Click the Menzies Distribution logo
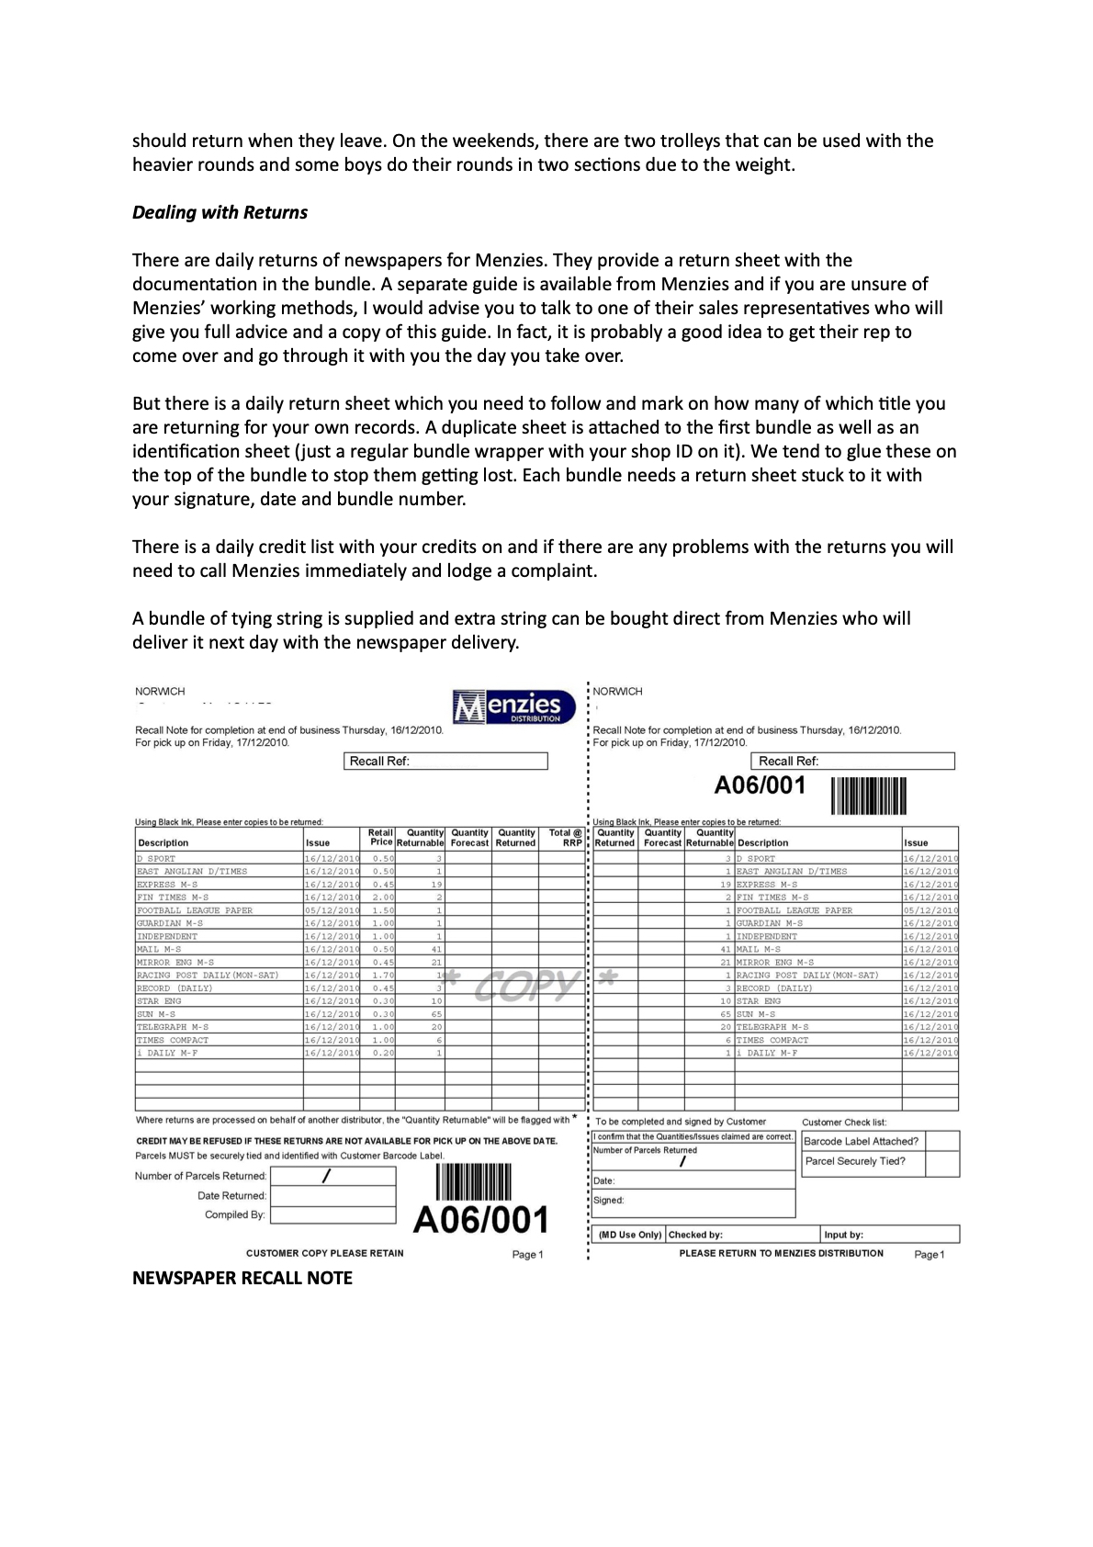point(514,706)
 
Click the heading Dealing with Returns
point(220,212)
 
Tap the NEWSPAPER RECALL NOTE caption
point(242,1278)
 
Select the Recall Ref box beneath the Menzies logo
point(446,761)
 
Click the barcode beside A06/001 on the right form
point(869,796)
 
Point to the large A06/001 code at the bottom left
point(481,1220)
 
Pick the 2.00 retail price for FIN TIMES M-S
point(383,897)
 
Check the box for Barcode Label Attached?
point(941,1141)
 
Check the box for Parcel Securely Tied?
point(941,1162)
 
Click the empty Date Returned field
point(333,1196)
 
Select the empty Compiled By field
point(333,1214)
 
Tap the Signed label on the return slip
point(609,1200)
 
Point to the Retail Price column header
point(381,837)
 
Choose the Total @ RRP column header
point(566,837)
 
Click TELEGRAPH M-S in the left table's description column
point(173,1027)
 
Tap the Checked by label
point(695,1235)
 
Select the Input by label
point(843,1235)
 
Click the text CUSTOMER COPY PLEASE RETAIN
point(325,1253)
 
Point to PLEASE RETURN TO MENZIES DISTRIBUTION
point(781,1253)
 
